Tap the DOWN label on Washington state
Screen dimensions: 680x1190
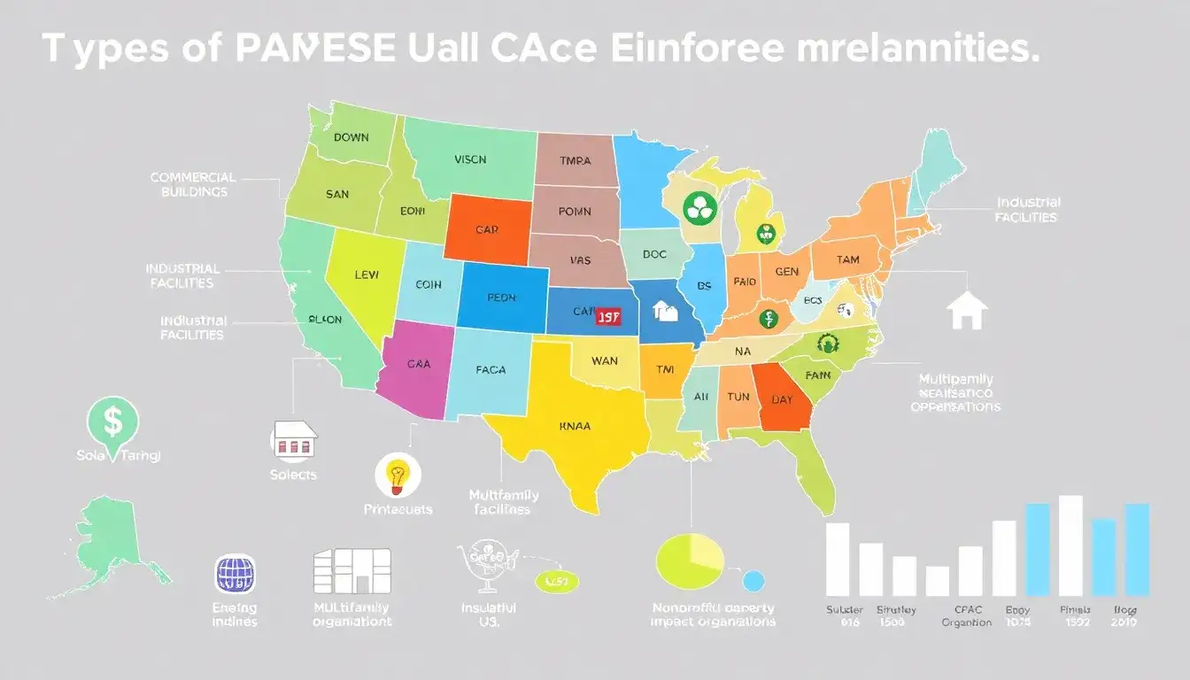pos(352,137)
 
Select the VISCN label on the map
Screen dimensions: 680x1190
pos(470,160)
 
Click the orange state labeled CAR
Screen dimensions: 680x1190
pos(487,229)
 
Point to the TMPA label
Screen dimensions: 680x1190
pos(576,161)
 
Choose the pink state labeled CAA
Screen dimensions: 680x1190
pos(419,363)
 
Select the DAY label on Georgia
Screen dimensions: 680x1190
pos(782,399)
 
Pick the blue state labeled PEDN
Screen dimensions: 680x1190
pos(501,297)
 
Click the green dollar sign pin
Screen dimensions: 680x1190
pos(113,421)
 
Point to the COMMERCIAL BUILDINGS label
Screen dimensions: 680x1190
pos(192,184)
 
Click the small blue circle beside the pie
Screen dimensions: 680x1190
pos(753,581)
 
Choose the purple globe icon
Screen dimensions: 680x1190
pos(236,574)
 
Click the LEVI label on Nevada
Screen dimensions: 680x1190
pos(366,275)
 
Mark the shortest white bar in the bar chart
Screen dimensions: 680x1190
pos(938,581)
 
